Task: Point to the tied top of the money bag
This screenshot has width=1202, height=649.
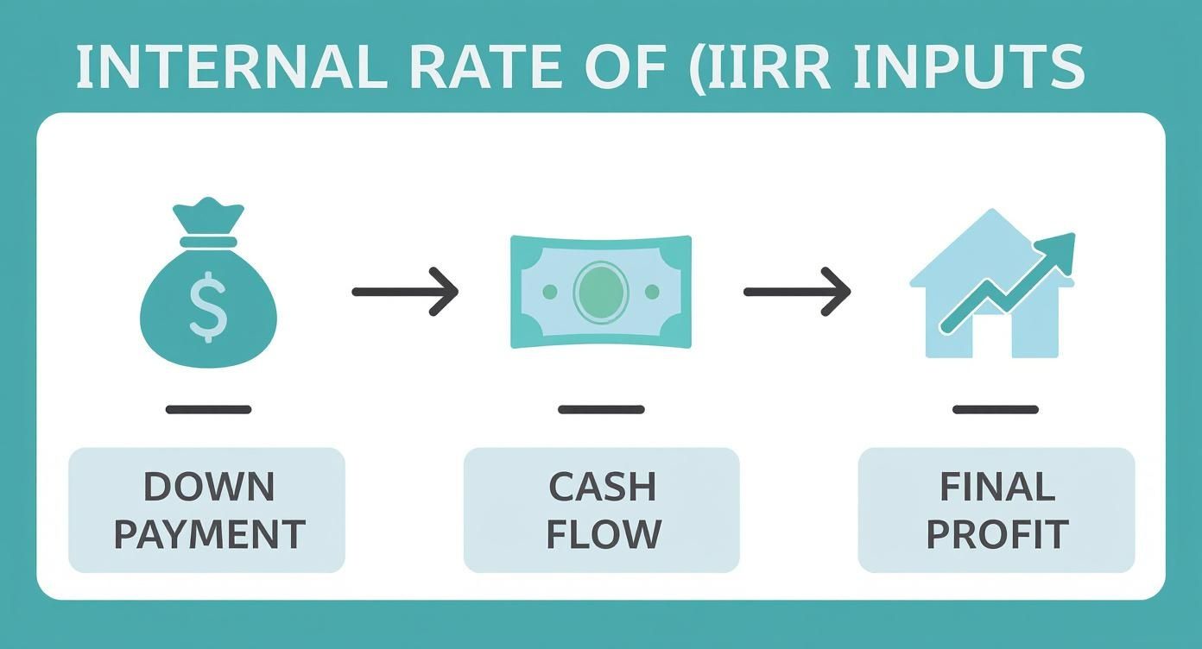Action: (208, 216)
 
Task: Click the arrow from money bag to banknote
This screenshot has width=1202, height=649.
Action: (404, 293)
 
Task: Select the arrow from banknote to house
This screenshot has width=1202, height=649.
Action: (796, 293)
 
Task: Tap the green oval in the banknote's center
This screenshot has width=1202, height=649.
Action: (601, 293)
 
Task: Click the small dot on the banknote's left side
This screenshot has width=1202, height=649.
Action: (549, 293)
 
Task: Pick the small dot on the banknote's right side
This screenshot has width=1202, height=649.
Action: (652, 293)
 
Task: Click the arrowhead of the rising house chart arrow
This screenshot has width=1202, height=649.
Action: (1060, 248)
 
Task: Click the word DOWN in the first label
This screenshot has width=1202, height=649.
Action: (209, 488)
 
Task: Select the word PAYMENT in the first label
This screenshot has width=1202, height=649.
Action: (209, 534)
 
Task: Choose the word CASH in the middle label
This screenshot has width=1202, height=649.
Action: (602, 488)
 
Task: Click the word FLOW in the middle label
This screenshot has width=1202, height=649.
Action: (604, 534)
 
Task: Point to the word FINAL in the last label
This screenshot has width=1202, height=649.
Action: (996, 488)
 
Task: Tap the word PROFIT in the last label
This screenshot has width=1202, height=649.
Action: (996, 534)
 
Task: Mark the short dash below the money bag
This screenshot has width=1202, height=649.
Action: (208, 410)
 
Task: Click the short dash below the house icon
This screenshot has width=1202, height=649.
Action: (995, 410)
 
